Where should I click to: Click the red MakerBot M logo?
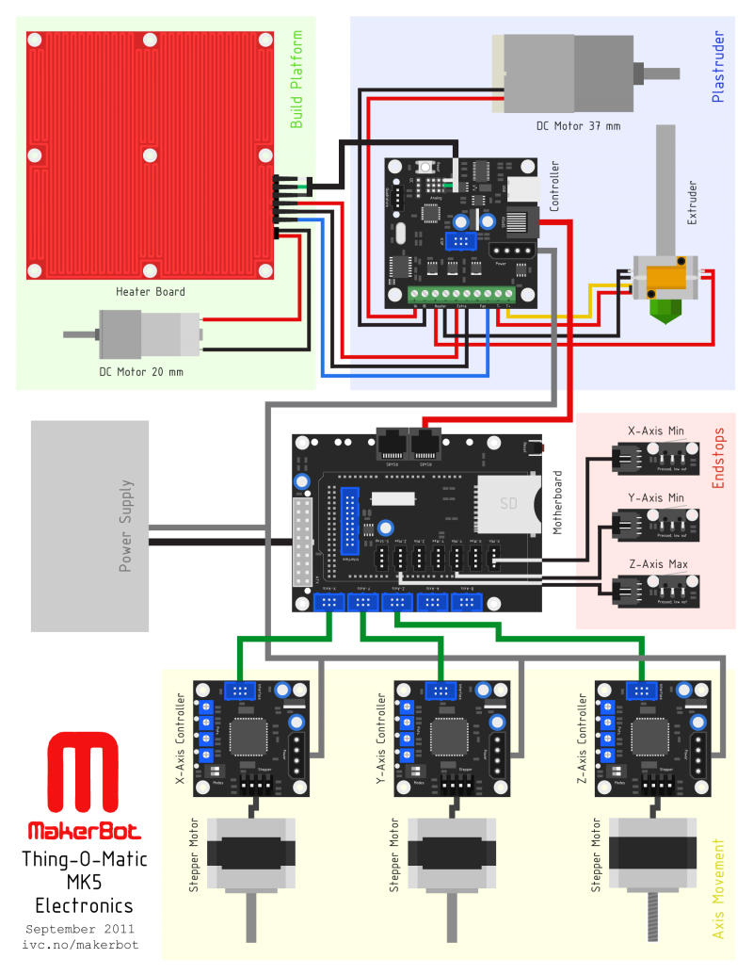(83, 772)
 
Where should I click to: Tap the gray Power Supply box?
(89, 527)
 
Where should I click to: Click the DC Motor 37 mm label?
(578, 126)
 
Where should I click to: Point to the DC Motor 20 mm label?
(141, 372)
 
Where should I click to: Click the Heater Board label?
(151, 291)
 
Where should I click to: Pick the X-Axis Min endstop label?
(656, 431)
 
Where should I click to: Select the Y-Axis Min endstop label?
(656, 497)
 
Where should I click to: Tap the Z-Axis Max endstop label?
(656, 563)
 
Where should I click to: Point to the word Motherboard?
(556, 501)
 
